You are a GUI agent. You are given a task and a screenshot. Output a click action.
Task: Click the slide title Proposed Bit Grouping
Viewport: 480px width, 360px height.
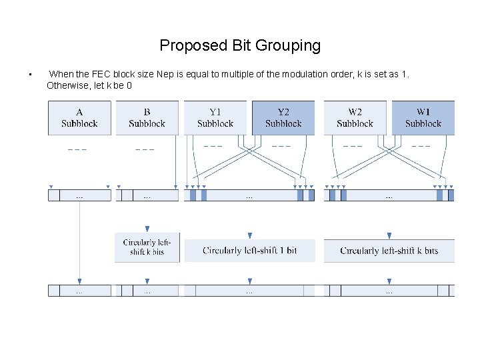(x=240, y=45)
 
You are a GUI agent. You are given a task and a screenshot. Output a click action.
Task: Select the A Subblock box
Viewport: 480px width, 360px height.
(x=79, y=118)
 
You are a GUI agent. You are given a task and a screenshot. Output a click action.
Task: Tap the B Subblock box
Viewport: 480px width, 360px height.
(x=147, y=118)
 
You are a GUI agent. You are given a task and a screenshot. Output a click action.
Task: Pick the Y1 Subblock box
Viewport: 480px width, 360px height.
(x=215, y=118)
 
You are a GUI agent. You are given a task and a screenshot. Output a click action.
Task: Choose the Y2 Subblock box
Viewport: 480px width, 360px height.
(x=283, y=118)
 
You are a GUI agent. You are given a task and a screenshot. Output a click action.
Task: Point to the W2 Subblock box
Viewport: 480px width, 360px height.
(x=355, y=118)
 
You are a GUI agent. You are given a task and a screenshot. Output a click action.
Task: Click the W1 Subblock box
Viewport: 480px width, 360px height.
(x=423, y=118)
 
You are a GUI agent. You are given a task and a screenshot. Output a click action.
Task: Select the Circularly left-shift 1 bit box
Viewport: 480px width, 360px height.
(x=249, y=251)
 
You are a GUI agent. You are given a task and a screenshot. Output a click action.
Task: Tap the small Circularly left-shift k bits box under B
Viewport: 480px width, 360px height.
(x=147, y=247)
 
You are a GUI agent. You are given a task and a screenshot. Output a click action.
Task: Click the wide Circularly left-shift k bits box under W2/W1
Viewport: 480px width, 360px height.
(x=389, y=251)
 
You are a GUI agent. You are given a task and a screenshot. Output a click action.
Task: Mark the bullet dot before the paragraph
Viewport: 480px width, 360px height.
(x=30, y=74)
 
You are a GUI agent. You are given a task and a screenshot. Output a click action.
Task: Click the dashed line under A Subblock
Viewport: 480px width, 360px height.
(x=77, y=149)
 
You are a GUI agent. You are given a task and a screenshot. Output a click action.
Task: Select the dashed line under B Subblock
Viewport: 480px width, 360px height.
(x=145, y=149)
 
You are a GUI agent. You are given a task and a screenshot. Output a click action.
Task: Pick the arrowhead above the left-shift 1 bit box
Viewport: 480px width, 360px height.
(x=249, y=235)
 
